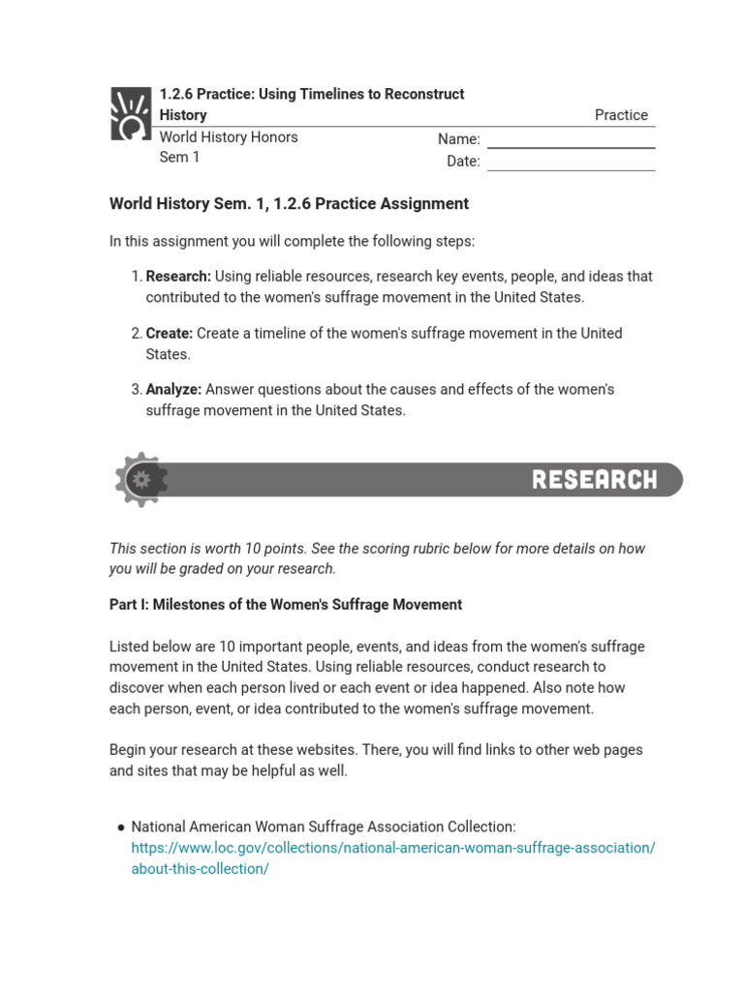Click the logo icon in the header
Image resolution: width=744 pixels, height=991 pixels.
tap(131, 113)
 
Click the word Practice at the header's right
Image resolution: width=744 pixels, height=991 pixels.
tap(621, 115)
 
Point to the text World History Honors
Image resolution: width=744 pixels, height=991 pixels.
tap(229, 136)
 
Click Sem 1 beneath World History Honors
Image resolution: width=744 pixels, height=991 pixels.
tap(179, 157)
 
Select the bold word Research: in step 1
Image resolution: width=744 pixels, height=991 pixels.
tap(178, 277)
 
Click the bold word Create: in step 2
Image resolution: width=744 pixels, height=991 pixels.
tap(170, 333)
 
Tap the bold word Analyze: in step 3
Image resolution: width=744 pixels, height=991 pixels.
tap(173, 389)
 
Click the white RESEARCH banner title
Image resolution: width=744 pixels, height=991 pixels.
tap(594, 480)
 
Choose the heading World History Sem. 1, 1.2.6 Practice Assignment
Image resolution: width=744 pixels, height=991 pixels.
tap(289, 204)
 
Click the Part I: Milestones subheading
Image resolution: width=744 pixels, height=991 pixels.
tap(286, 605)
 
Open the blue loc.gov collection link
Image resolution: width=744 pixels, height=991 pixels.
tap(392, 848)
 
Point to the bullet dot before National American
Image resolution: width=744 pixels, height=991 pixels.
tap(121, 827)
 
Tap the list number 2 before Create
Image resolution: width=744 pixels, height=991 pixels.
tap(136, 333)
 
